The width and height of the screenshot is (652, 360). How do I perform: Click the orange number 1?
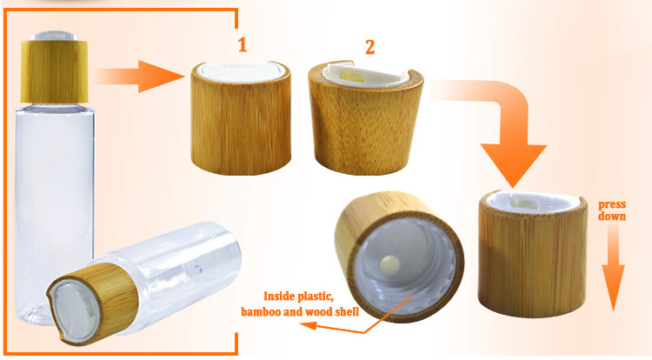(243, 45)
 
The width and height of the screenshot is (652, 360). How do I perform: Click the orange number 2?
(369, 47)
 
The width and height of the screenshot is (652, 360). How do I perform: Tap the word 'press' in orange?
(612, 204)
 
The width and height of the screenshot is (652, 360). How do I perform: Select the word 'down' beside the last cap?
(612, 217)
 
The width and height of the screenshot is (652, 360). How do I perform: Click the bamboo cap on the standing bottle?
(55, 71)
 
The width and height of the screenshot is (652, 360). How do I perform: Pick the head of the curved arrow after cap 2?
(514, 165)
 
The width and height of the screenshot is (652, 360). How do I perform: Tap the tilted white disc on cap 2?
(364, 75)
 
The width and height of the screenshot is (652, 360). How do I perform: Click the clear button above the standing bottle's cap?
(55, 36)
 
